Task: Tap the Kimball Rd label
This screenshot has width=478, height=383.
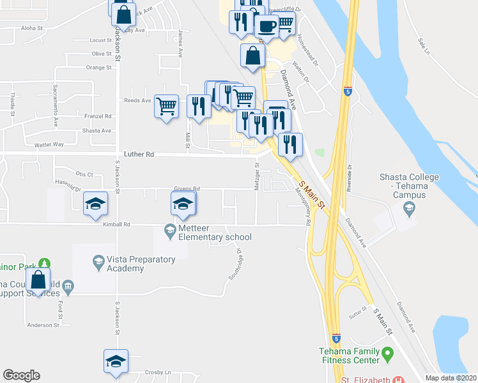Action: click(118, 225)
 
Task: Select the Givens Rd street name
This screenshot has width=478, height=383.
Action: click(187, 189)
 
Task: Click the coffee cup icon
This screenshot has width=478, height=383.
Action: click(266, 26)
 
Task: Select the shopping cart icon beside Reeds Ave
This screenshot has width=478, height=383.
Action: click(167, 106)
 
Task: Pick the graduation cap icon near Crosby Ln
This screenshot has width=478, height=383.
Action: click(116, 361)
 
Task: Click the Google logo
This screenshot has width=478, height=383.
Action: click(21, 375)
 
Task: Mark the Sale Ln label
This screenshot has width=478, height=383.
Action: click(424, 45)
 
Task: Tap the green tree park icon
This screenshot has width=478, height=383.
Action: click(44, 264)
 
